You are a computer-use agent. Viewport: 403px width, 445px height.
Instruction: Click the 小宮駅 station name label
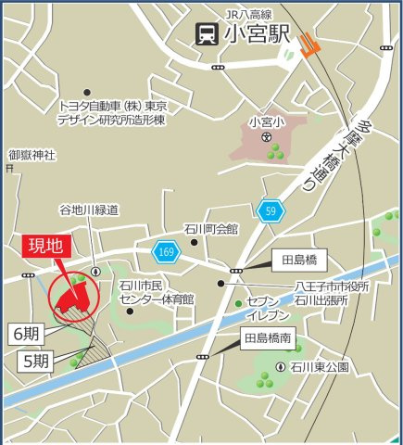[x=257, y=34]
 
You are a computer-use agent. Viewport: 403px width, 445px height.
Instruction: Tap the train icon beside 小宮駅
[x=206, y=34]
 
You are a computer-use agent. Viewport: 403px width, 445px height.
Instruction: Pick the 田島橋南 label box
[x=268, y=337]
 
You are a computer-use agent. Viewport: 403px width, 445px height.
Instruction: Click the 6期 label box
[x=29, y=331]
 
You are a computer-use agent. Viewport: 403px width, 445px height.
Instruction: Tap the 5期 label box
[x=35, y=362]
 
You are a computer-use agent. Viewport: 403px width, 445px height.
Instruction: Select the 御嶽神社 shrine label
[x=32, y=154]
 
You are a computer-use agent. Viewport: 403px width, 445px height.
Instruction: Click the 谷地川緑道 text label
[x=90, y=210]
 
